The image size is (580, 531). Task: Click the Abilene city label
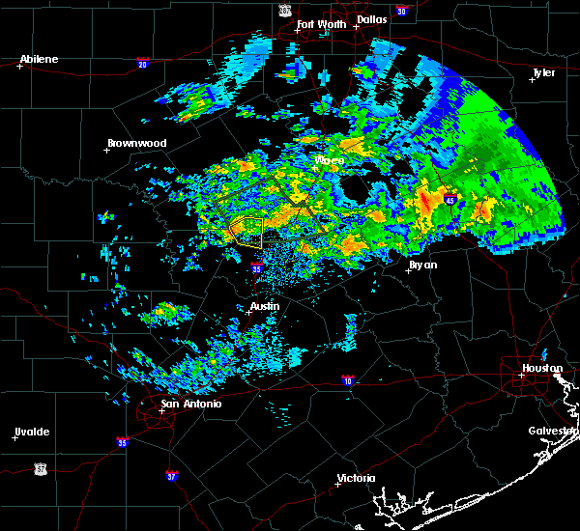pyautogui.click(x=39, y=59)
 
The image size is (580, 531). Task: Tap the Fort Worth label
pyautogui.click(x=319, y=24)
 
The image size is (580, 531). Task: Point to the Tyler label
pyautogui.click(x=544, y=72)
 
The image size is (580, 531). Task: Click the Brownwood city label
pyautogui.click(x=137, y=143)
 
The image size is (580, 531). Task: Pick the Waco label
pyautogui.click(x=329, y=160)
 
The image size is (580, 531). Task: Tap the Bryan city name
pyautogui.click(x=422, y=265)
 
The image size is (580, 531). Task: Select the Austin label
pyautogui.click(x=265, y=306)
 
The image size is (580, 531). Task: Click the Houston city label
pyautogui.click(x=542, y=368)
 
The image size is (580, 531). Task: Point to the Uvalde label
pyautogui.click(x=32, y=431)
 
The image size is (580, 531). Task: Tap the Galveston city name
pyautogui.click(x=553, y=431)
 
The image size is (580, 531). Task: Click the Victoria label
pyautogui.click(x=357, y=479)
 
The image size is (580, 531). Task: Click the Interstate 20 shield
pyautogui.click(x=143, y=64)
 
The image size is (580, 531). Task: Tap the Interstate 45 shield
pyautogui.click(x=451, y=199)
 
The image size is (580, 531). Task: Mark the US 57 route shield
pyautogui.click(x=40, y=467)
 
